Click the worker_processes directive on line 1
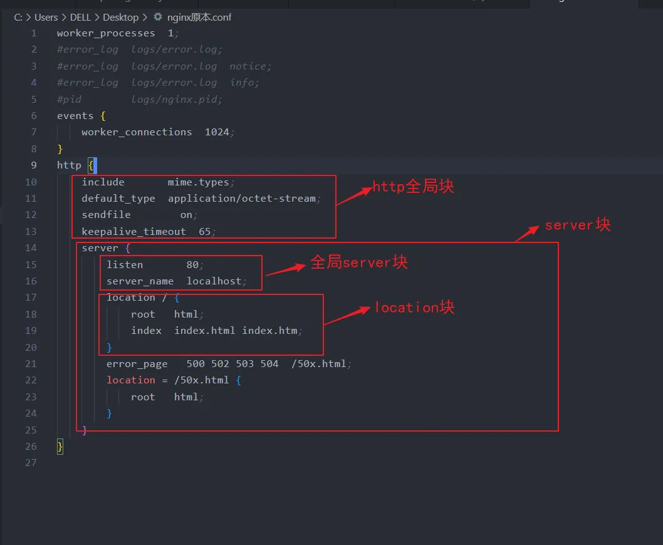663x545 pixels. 106,33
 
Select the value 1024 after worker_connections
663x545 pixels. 217,132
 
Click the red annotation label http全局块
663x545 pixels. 413,186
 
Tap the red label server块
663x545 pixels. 578,224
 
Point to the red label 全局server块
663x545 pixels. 359,262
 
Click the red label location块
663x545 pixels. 415,307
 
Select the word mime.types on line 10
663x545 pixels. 198,182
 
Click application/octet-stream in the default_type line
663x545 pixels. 242,199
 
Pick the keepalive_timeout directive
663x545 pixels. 133,232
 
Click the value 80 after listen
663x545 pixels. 192,265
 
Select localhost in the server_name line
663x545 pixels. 214,281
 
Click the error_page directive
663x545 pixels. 137,364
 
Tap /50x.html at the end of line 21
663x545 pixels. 319,363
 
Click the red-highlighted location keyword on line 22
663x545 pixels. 130,380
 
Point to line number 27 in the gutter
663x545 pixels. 31,463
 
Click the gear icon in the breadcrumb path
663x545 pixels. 158,17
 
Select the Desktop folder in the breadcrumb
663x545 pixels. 120,18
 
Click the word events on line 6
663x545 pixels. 75,116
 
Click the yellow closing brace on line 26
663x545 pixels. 60,447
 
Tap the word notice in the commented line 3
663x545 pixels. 248,66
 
